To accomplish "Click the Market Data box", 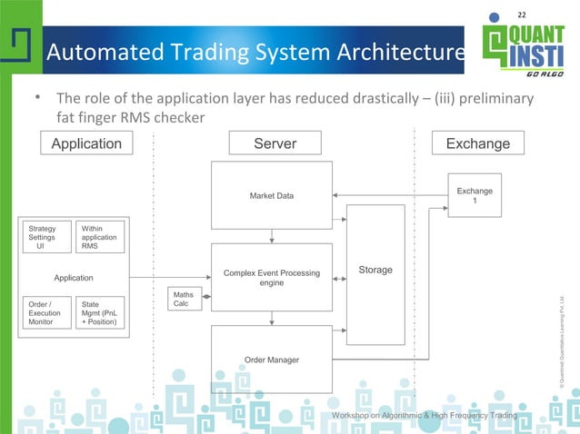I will (x=272, y=195).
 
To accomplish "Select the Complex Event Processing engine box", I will (x=272, y=277).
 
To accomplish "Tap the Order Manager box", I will (x=272, y=360).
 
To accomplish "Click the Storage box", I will (x=375, y=270).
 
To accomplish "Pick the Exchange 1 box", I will (x=474, y=196).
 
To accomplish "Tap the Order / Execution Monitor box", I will (x=46, y=312).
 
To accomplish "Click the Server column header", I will (x=274, y=143).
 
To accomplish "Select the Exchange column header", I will (x=478, y=143).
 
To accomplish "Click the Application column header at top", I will (x=86, y=143).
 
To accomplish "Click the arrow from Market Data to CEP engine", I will (x=273, y=235).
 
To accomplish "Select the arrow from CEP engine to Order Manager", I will (x=273, y=318).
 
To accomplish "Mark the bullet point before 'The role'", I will (x=39, y=96).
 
